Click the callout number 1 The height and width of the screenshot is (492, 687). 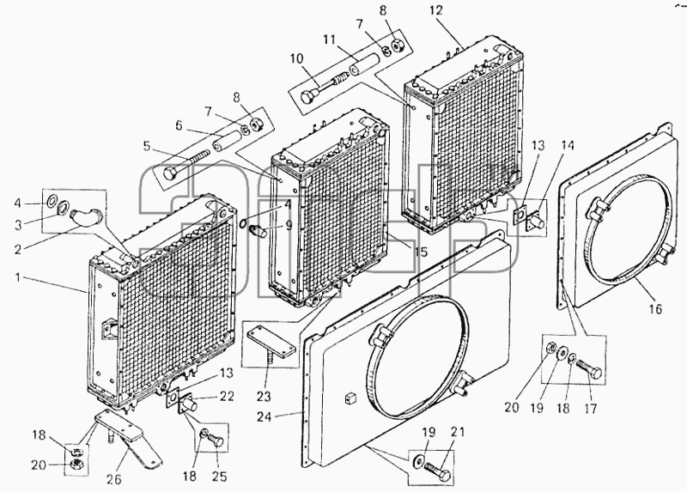click(18, 277)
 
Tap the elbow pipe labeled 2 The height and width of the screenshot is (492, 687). click(85, 217)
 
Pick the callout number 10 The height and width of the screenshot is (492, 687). click(296, 58)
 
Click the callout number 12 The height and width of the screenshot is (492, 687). click(437, 10)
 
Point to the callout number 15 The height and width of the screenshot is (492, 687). click(421, 252)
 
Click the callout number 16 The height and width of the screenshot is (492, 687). click(655, 309)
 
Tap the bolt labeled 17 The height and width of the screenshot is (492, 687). click(590, 369)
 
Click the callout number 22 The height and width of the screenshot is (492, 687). click(227, 396)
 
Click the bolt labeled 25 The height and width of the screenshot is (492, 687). click(217, 440)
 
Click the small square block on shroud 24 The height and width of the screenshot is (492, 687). click(351, 398)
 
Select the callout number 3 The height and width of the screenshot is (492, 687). click(18, 225)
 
